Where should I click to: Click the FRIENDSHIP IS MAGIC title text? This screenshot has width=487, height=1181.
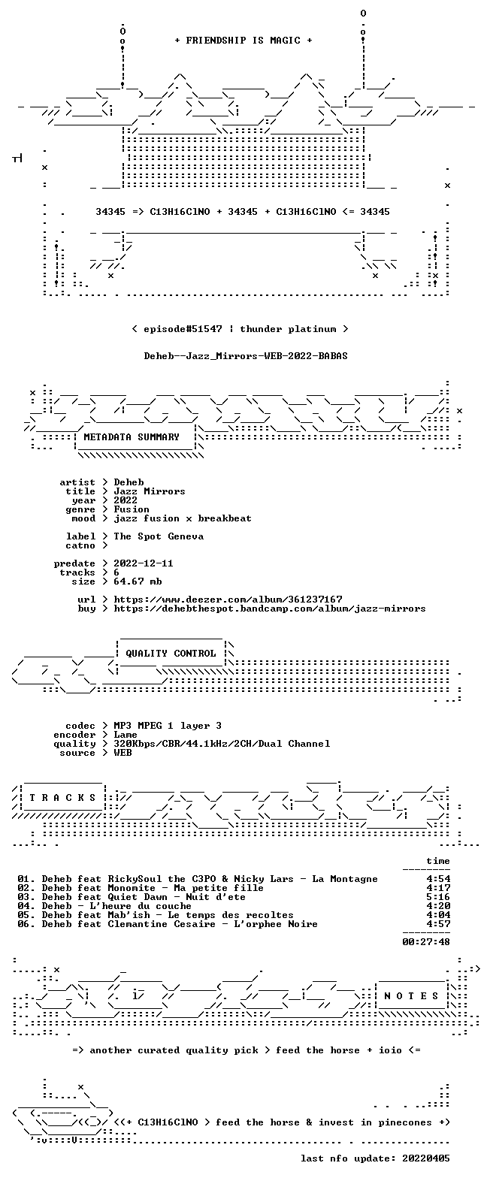click(243, 41)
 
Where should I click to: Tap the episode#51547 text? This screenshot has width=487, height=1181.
click(183, 329)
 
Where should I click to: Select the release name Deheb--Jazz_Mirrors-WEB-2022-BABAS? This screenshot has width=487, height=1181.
click(246, 356)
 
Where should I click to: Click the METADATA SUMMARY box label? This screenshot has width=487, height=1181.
click(132, 437)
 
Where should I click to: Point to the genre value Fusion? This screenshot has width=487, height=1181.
click(132, 509)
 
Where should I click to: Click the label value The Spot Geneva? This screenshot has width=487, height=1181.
click(159, 536)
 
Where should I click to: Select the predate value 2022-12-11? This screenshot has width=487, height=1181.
click(144, 563)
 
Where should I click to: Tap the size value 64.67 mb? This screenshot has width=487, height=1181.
click(138, 581)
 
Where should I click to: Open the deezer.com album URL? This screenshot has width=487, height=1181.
click(228, 600)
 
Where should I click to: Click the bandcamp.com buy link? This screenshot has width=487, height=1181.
click(270, 609)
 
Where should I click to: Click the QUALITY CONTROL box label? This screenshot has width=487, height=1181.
click(171, 654)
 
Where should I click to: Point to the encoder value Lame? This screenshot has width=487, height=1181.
click(126, 735)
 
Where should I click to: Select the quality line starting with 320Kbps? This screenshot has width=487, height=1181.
click(222, 744)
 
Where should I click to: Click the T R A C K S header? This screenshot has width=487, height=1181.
click(63, 798)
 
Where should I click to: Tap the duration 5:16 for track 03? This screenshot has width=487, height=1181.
click(438, 897)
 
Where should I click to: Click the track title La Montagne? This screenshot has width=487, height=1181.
click(345, 879)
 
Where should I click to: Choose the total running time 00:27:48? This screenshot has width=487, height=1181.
click(426, 941)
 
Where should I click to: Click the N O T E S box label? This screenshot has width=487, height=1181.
click(411, 996)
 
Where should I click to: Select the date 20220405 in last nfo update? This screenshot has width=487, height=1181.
click(426, 1158)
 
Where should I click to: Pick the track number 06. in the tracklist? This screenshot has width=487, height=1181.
click(26, 924)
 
